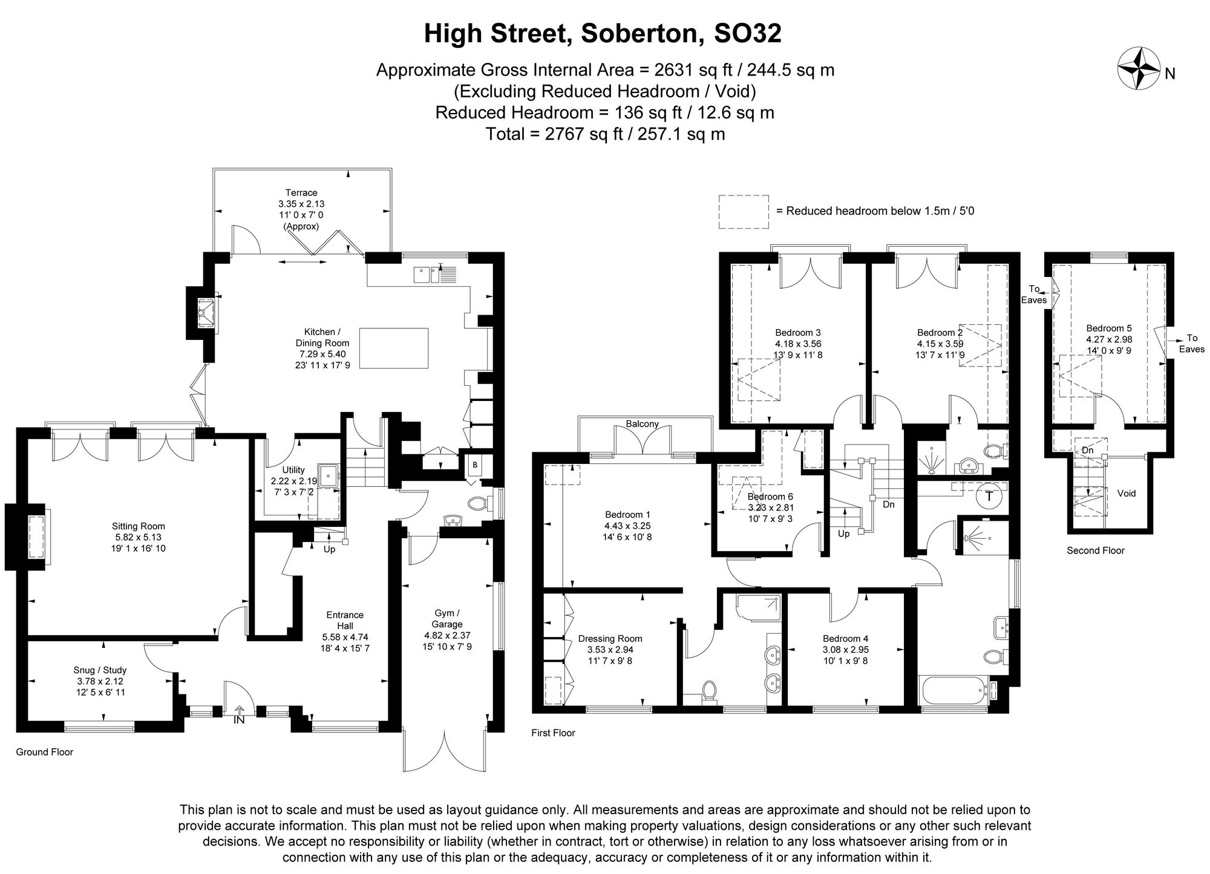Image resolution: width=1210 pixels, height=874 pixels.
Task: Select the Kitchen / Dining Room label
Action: [x=322, y=337]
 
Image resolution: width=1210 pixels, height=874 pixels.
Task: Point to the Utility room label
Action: [x=293, y=470]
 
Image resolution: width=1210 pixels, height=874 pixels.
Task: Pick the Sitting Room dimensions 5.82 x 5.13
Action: [x=138, y=537]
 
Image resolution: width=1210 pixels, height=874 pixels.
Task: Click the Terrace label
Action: [x=301, y=193]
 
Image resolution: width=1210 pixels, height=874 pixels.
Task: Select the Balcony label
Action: [x=642, y=424]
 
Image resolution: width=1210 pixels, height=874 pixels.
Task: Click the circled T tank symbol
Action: [x=989, y=497]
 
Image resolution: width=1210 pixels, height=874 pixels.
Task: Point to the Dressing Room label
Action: [x=610, y=639]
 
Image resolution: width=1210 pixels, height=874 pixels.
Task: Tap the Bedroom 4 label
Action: [x=845, y=639]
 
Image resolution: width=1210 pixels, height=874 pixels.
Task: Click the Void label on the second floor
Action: [x=1127, y=494]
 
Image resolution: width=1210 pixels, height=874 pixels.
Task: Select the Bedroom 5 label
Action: [x=1108, y=329]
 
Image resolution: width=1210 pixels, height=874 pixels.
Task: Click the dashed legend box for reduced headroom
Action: [x=743, y=212]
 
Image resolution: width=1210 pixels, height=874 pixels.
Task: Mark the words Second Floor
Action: [x=1095, y=550]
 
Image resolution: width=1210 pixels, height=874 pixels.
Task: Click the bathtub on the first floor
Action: [x=953, y=690]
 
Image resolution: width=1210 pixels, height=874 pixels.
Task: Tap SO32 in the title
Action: [x=748, y=33]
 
